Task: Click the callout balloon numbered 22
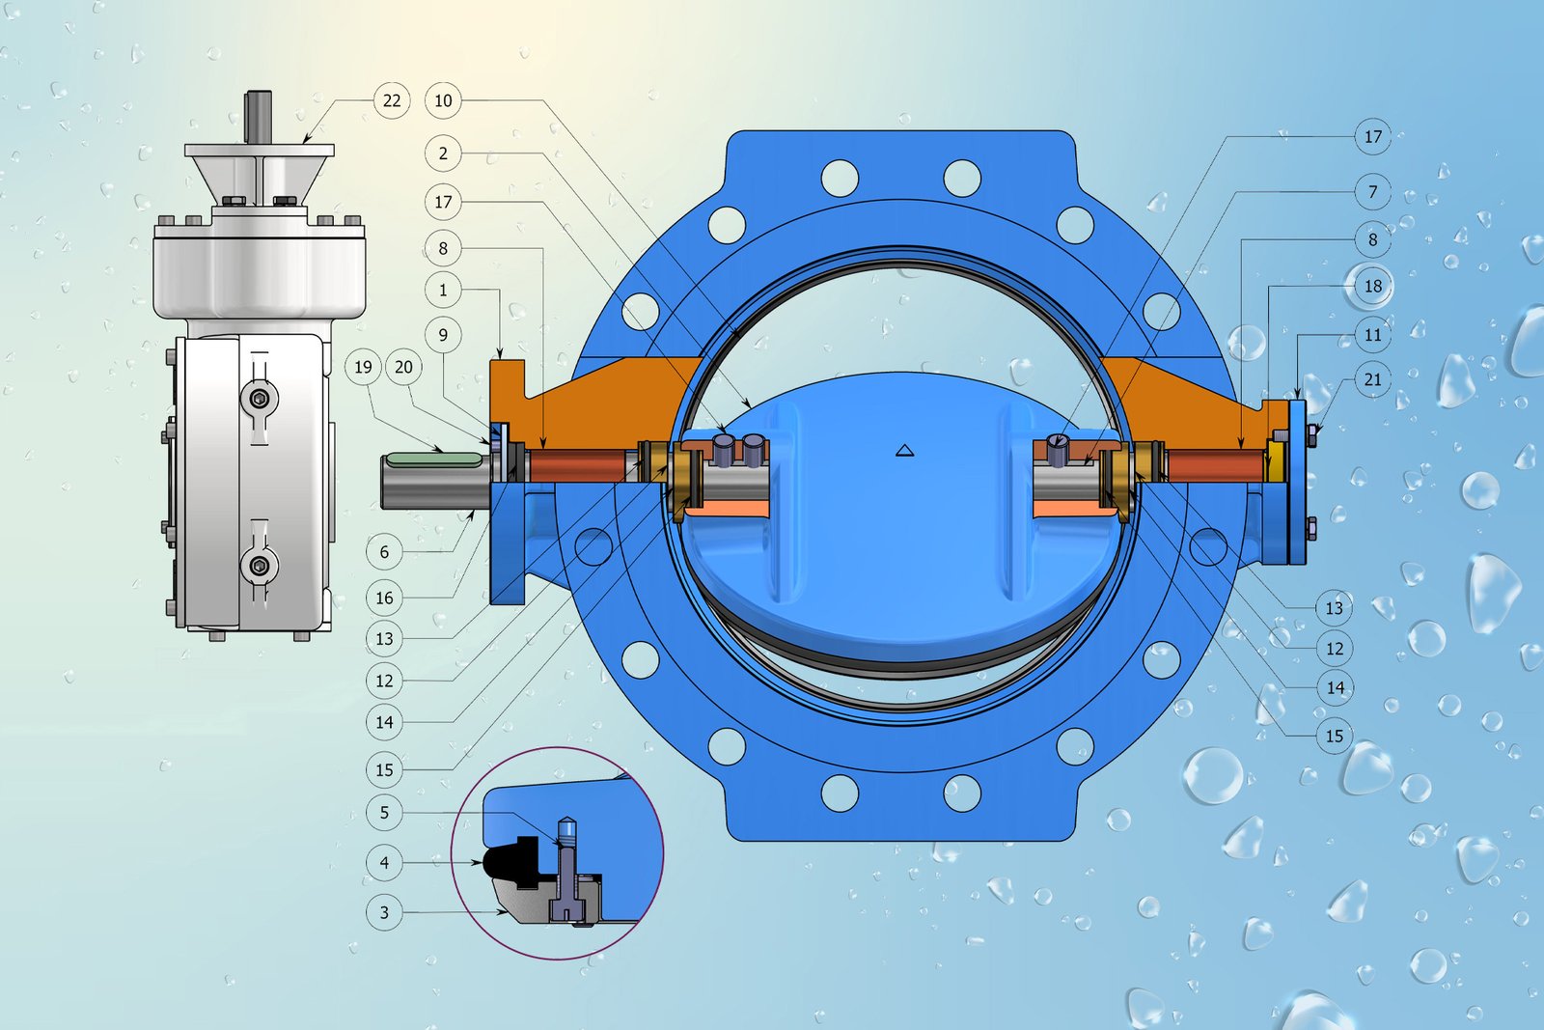(392, 100)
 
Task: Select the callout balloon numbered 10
(443, 100)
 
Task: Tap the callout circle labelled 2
(443, 153)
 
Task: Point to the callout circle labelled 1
(443, 290)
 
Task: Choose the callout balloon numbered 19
(363, 367)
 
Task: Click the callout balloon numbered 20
(403, 367)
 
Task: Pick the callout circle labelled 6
(384, 551)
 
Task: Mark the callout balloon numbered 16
(384, 598)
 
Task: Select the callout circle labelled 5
(384, 812)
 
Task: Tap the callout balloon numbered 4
(384, 862)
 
